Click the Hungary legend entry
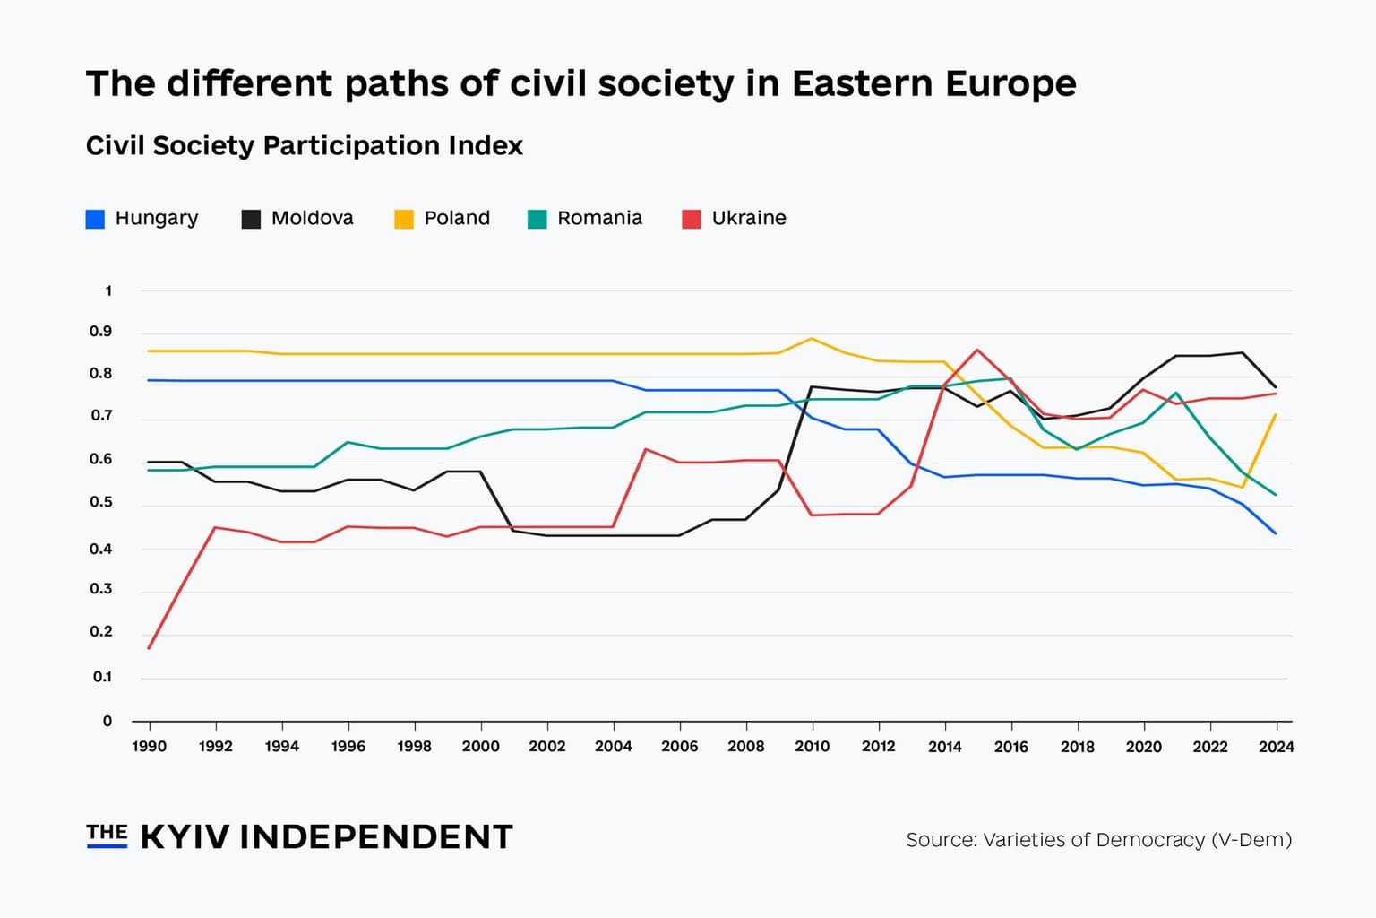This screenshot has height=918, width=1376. click(x=142, y=218)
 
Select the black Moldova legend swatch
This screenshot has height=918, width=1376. click(x=251, y=219)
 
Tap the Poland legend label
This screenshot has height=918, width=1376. click(x=457, y=218)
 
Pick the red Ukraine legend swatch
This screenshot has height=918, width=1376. click(x=691, y=219)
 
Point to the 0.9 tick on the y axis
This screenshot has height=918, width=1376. click(x=101, y=332)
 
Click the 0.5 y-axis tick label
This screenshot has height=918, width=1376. click(x=101, y=502)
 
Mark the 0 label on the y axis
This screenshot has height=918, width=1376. click(x=107, y=721)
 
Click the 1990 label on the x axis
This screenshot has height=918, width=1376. click(x=149, y=746)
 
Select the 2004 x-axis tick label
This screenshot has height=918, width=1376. click(x=613, y=746)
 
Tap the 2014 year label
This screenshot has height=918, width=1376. click(x=944, y=746)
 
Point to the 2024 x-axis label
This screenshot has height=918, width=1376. click(x=1276, y=746)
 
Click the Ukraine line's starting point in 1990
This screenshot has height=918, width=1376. click(x=149, y=647)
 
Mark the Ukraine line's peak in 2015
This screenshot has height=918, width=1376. click(x=977, y=350)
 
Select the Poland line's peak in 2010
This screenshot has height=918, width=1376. click(x=812, y=339)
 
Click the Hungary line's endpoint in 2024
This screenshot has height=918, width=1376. click(x=1276, y=533)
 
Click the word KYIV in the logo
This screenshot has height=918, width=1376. click(x=185, y=836)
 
